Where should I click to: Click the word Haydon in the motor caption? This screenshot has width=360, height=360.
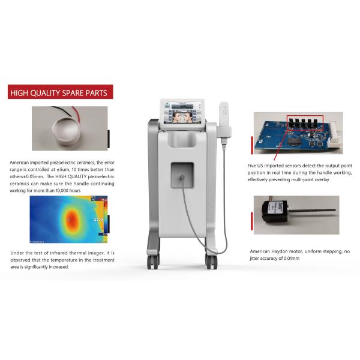[x=286, y=253]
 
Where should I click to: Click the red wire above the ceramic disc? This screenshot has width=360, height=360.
[x=75, y=112]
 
